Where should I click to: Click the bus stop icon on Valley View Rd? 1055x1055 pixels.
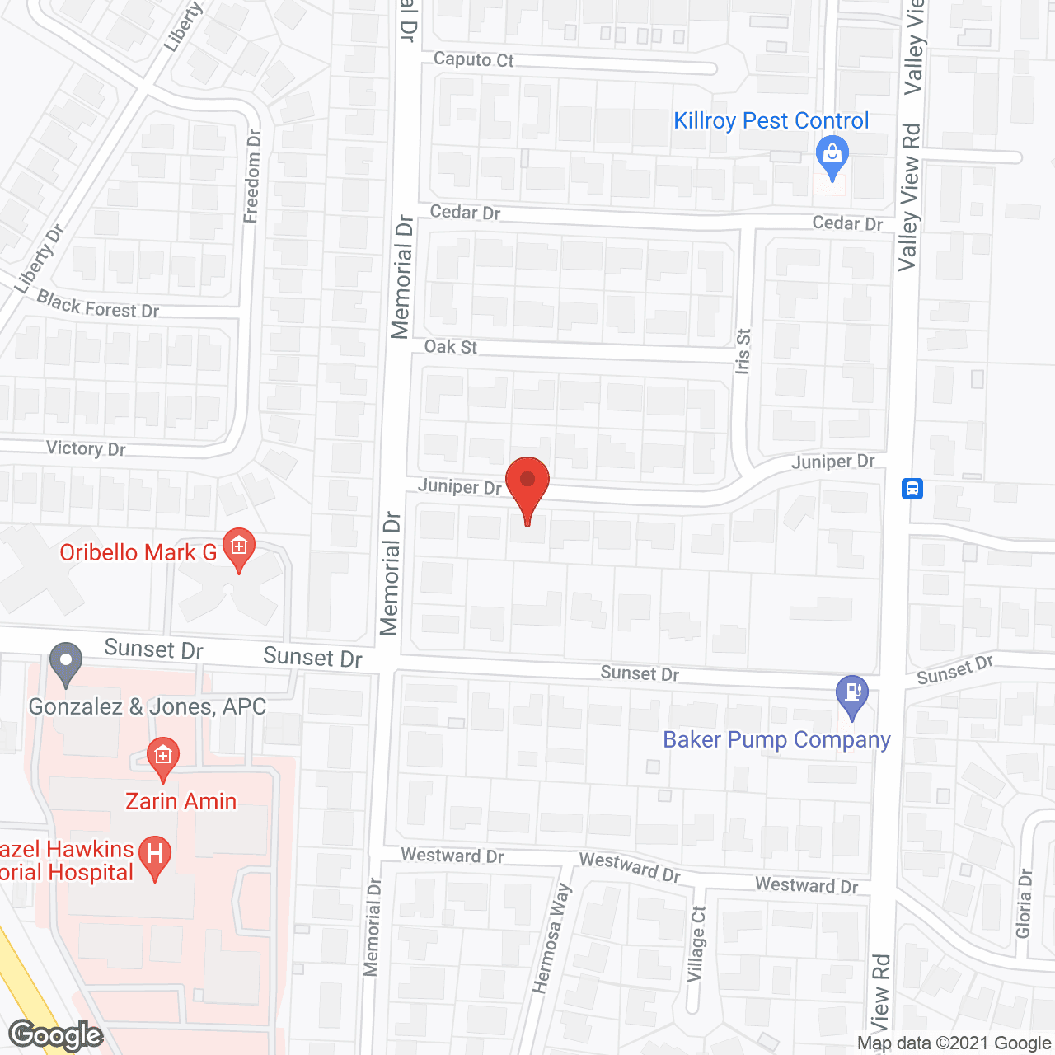pyautogui.click(x=912, y=488)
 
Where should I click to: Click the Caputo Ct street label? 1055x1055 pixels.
pyautogui.click(x=473, y=59)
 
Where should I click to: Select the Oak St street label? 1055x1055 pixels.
pyautogui.click(x=450, y=347)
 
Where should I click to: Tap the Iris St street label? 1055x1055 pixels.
pyautogui.click(x=743, y=352)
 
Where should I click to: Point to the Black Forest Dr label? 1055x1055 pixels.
pyautogui.click(x=98, y=306)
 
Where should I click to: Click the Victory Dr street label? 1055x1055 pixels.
pyautogui.click(x=86, y=448)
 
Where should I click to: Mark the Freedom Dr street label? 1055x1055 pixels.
pyautogui.click(x=252, y=176)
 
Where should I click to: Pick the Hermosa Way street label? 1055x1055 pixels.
pyautogui.click(x=551, y=938)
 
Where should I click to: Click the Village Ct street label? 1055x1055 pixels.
pyautogui.click(x=697, y=945)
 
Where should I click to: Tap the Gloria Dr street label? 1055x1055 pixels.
pyautogui.click(x=1024, y=903)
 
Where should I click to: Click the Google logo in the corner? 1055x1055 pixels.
pyautogui.click(x=55, y=1035)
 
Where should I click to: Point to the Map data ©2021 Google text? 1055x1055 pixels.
pyautogui.click(x=954, y=1043)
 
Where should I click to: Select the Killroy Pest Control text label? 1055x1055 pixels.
pyautogui.click(x=771, y=121)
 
